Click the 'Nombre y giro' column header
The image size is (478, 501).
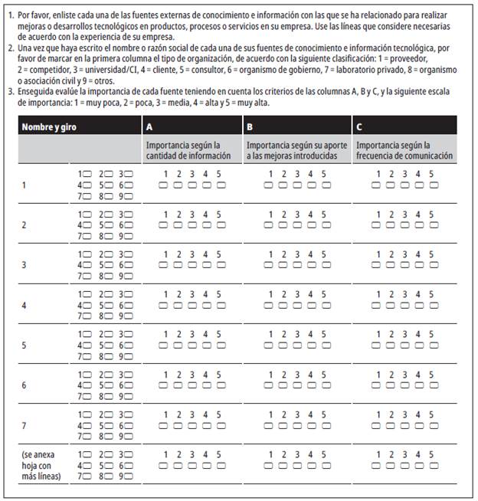click(x=49, y=126)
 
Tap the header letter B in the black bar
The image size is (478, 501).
click(x=250, y=126)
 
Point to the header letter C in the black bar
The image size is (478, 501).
click(x=360, y=126)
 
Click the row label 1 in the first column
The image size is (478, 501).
click(x=25, y=185)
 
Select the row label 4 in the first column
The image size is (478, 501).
click(x=25, y=305)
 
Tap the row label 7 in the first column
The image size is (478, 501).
click(x=25, y=424)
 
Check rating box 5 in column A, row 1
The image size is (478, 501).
click(x=221, y=185)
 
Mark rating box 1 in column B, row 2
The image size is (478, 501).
click(x=269, y=224)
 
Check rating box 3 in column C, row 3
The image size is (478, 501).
click(x=405, y=264)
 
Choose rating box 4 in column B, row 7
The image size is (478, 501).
click(x=312, y=424)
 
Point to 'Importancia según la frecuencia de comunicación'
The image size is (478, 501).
click(x=404, y=150)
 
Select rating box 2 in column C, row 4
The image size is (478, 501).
click(x=391, y=305)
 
